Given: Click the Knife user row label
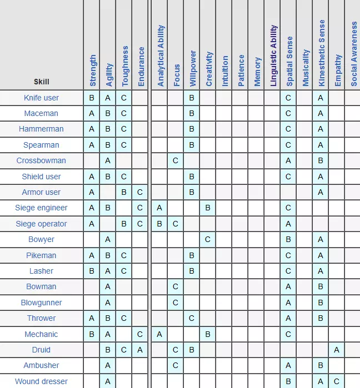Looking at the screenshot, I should (41, 98).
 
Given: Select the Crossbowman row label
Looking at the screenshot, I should (41, 160).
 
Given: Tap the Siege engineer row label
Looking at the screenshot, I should (41, 208).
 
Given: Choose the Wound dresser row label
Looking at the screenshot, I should (41, 381).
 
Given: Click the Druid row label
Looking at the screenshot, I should (41, 350).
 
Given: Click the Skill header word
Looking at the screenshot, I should (41, 82).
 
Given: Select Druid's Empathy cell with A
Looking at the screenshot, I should (337, 350).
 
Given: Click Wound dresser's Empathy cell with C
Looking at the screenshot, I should (337, 381).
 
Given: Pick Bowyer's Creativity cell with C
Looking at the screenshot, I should (208, 239).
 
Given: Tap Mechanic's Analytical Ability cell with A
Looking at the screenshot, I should (159, 334).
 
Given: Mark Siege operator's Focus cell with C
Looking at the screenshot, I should (176, 224).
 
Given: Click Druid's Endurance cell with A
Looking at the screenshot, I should (141, 350).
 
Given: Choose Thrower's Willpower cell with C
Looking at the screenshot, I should (192, 318).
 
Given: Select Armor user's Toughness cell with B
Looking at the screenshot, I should (124, 192).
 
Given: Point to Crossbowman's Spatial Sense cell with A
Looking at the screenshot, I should (288, 160).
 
